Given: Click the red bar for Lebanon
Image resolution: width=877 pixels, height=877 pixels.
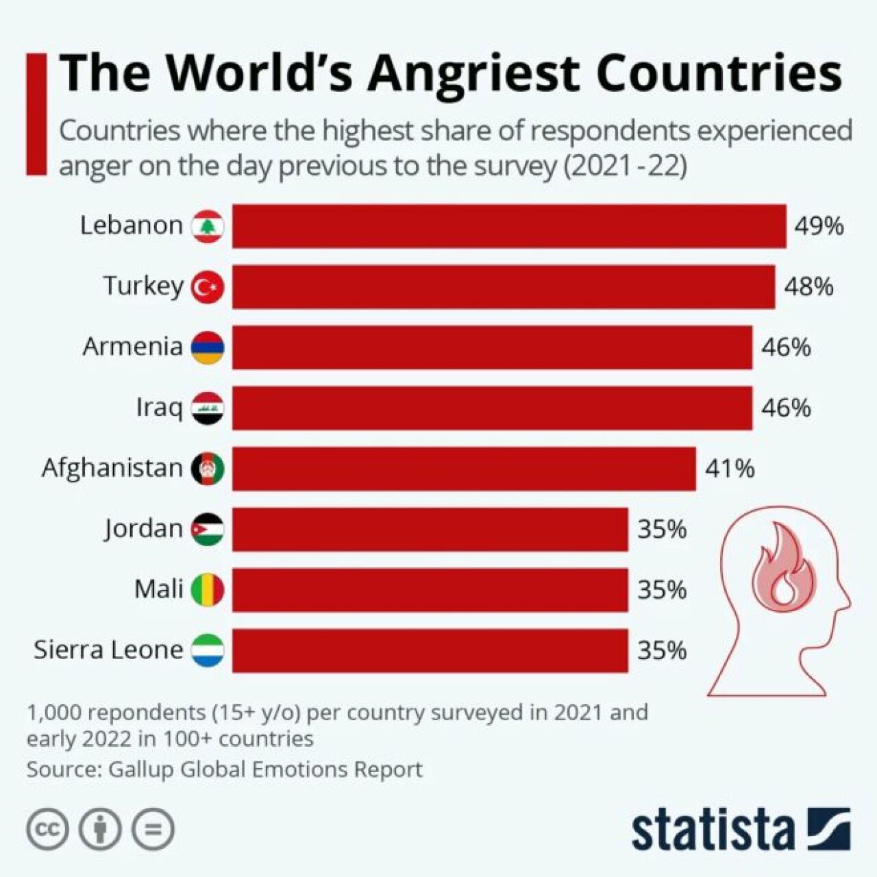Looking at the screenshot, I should [509, 225].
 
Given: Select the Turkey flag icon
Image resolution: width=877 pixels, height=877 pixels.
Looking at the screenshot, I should [208, 287].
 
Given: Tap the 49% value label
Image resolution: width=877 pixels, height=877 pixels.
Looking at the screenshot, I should [819, 225].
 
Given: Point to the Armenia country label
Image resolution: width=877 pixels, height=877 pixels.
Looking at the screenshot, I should [133, 347].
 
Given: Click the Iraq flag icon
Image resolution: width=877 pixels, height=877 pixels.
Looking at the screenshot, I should [208, 408].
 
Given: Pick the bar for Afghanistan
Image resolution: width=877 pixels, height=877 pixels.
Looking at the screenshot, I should [464, 469].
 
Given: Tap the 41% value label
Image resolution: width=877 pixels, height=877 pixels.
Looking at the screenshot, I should [730, 469].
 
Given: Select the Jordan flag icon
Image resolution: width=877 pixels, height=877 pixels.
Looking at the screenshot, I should [208, 529].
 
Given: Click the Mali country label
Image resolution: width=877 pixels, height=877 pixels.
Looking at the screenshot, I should [159, 589].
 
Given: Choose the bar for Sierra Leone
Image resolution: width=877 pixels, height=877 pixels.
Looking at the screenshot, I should [430, 650].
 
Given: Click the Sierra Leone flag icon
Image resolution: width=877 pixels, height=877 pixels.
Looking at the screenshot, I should [208, 650].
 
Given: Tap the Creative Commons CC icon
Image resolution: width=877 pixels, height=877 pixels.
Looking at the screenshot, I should [48, 830].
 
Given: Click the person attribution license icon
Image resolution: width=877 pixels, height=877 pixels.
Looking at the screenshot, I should [101, 830].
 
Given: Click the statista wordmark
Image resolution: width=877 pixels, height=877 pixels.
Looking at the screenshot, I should [713, 830].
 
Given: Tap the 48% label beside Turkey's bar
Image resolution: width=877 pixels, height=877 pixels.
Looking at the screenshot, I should [808, 286].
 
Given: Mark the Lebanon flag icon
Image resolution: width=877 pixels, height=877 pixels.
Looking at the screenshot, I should [208, 226].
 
